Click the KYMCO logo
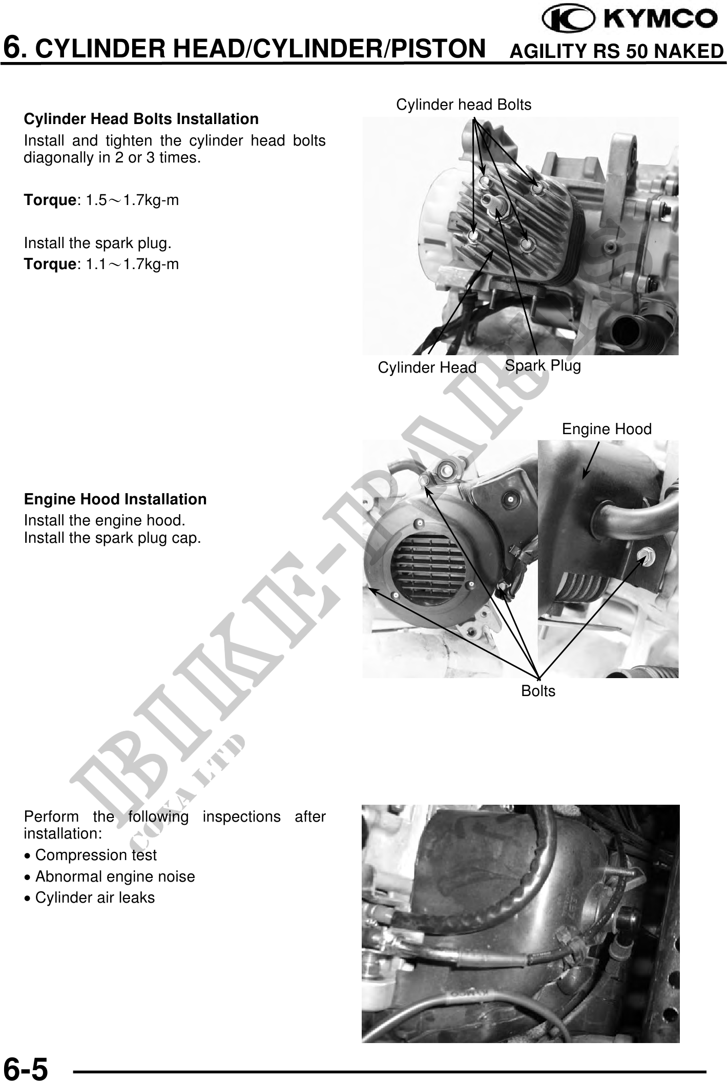[x=630, y=19]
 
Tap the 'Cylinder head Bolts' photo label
[x=464, y=105]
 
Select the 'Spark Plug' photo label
[x=543, y=365]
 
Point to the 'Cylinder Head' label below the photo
[x=427, y=367]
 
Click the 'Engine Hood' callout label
[x=607, y=429]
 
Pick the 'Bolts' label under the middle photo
[x=538, y=690]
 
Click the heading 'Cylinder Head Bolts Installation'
[x=141, y=119]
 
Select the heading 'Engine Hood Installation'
[x=115, y=499]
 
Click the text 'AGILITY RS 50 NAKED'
[x=617, y=51]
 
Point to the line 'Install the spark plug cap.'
[x=112, y=538]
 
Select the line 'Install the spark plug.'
[x=98, y=243]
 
